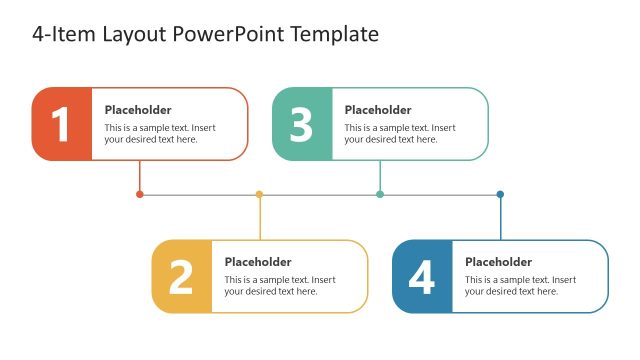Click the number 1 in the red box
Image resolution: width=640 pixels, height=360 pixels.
(61, 125)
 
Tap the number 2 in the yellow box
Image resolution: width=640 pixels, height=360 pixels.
(181, 277)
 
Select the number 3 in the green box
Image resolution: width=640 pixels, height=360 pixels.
(301, 125)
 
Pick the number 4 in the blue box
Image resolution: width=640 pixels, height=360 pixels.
(421, 277)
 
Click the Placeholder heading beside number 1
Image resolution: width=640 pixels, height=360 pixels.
(138, 110)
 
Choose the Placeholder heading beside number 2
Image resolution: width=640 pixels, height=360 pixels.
(258, 262)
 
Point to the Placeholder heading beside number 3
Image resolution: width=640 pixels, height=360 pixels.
(378, 110)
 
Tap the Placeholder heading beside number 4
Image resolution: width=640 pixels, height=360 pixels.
(498, 262)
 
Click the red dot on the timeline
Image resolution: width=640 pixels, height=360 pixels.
(139, 194)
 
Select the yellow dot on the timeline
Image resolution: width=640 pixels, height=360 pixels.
(259, 194)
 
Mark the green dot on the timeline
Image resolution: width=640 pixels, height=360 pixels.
(380, 194)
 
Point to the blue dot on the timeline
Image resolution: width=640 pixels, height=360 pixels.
(500, 194)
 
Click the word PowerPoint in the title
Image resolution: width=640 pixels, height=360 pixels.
(231, 35)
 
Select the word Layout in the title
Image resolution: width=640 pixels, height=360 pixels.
(135, 35)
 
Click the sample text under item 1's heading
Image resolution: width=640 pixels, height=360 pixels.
(160, 134)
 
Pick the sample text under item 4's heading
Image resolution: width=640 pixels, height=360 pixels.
(520, 286)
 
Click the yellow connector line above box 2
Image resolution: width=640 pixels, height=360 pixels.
(260, 218)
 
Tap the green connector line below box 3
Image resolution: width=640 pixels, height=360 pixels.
(380, 176)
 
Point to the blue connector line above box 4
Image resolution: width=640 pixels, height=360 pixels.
(500, 218)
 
